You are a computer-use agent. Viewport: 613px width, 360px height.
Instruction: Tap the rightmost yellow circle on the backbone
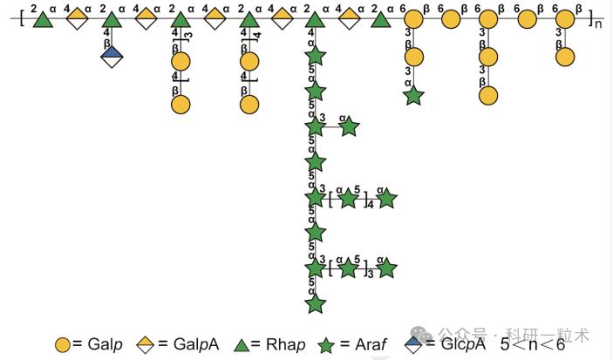tap(565, 18)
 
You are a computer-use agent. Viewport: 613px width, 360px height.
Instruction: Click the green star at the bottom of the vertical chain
tap(316, 302)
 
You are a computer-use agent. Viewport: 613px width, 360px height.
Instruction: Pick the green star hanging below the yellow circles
tap(413, 95)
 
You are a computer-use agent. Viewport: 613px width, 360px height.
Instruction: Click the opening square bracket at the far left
tap(21, 17)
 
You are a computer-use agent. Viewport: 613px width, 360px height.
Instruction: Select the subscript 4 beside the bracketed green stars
tap(370, 206)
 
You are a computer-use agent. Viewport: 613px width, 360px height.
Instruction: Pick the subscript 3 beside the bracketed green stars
tap(370, 275)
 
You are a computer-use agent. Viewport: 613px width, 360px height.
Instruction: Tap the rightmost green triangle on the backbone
tap(380, 18)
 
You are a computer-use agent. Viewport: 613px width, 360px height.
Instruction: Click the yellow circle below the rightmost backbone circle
tap(565, 57)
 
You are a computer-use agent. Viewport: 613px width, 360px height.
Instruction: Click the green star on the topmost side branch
tap(349, 127)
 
